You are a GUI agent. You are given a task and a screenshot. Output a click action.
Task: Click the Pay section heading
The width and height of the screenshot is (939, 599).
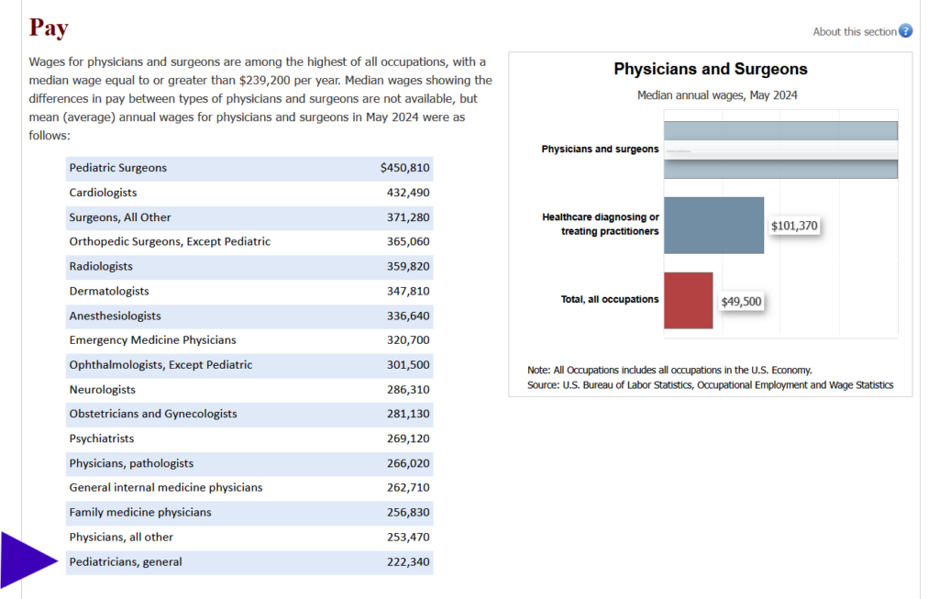point(49,28)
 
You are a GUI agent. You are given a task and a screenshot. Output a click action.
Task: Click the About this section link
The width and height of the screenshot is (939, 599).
point(854,31)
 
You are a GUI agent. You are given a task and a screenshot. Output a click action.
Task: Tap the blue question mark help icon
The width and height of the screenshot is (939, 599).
point(905,31)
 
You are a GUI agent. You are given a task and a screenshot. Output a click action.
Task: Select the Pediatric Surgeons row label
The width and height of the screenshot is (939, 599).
point(117,168)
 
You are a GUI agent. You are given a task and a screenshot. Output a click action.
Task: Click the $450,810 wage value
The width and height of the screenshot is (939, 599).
point(404,168)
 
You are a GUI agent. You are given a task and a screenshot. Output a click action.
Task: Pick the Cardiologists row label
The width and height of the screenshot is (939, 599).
point(103,193)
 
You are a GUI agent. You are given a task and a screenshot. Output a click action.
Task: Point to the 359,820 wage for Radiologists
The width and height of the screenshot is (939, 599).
point(408,266)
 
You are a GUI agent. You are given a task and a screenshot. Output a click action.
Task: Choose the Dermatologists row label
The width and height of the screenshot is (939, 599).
point(108,291)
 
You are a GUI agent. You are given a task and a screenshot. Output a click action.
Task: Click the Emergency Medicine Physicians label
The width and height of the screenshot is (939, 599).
point(152,339)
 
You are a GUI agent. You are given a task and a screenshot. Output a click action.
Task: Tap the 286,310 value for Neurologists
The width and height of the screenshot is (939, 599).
point(408,389)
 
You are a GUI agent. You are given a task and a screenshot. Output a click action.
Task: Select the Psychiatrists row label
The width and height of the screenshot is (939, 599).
point(101,438)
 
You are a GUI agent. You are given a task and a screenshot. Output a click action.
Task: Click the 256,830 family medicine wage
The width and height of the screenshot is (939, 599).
point(408,512)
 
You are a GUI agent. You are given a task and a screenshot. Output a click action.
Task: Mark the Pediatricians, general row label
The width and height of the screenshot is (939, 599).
point(126,561)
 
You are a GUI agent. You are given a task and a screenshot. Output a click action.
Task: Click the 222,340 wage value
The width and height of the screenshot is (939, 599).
point(408,561)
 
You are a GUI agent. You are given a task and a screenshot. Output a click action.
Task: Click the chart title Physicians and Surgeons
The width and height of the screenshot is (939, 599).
point(710,70)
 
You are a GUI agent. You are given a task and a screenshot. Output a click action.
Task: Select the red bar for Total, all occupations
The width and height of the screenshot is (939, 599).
point(688,300)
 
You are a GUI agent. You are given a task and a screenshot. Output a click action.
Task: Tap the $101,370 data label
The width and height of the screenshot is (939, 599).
point(794,226)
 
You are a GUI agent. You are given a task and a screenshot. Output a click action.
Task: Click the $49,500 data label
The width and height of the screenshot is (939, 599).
point(741,301)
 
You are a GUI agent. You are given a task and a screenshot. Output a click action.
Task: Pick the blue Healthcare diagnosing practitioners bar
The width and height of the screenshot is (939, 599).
point(713,225)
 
